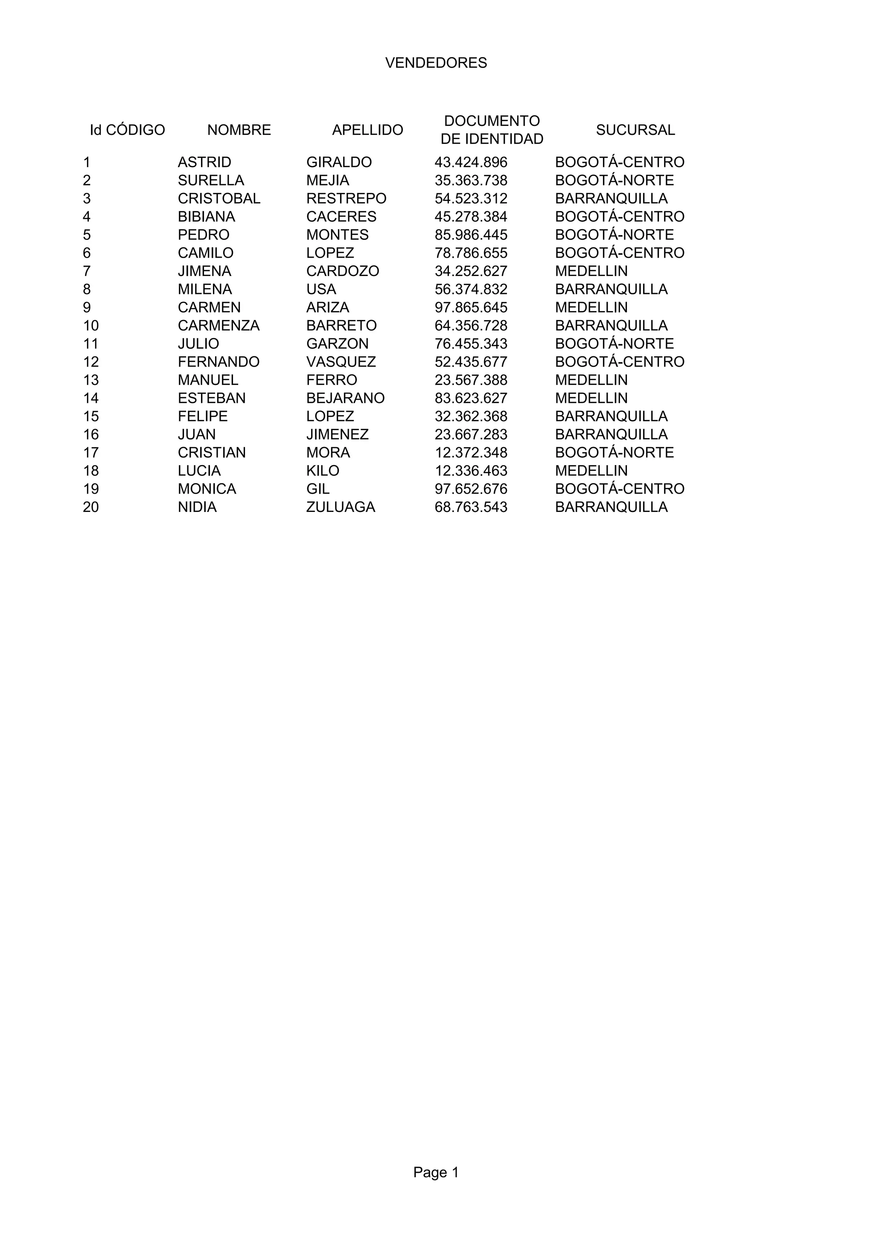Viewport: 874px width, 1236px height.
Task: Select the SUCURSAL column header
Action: click(x=635, y=130)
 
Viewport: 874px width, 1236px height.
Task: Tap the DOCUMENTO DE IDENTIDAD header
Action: click(x=492, y=130)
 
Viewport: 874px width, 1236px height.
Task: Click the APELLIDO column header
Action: click(x=367, y=130)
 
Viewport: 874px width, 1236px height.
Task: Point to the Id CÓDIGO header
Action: click(x=127, y=130)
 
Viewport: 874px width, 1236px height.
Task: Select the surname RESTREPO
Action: click(x=346, y=199)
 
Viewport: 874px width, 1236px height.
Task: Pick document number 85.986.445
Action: click(x=471, y=235)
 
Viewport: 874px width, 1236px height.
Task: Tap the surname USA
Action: click(x=321, y=289)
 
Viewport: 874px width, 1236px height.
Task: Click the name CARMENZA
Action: click(x=218, y=326)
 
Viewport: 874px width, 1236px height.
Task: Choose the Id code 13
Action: click(x=91, y=380)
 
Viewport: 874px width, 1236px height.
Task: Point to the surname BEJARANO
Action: click(x=345, y=398)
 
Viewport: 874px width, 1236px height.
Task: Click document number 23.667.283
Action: click(x=471, y=434)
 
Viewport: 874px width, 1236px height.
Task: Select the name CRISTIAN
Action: click(x=212, y=453)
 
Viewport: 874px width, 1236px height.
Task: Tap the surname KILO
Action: click(x=323, y=471)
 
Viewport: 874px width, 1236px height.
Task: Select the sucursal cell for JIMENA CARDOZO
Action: click(x=591, y=271)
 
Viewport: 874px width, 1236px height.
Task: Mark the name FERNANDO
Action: click(x=218, y=362)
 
